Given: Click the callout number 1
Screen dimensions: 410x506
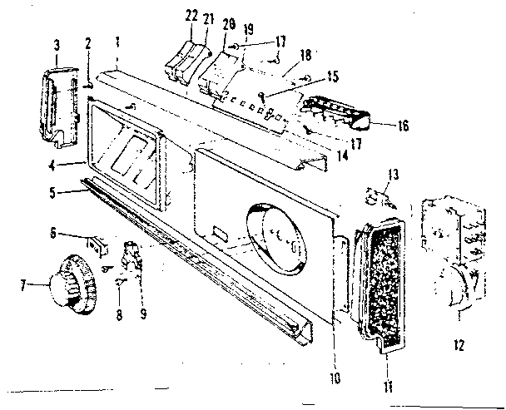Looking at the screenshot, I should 118,41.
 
